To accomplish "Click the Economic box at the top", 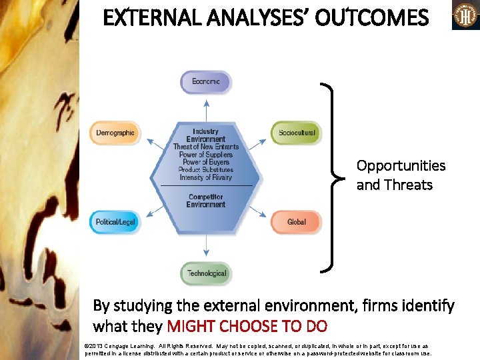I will (x=206, y=82).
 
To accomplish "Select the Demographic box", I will (x=115, y=133).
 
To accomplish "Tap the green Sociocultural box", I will (x=296, y=133).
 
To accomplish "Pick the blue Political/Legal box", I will (x=115, y=222).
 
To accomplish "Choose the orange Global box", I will (x=296, y=222).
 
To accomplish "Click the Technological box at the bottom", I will (x=206, y=273).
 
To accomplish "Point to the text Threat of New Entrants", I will (x=206, y=147).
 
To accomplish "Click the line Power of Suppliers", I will (x=206, y=155).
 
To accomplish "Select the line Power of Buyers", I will (x=206, y=162).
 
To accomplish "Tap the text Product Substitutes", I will (x=206, y=170).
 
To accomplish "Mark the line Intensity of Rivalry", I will (x=206, y=177).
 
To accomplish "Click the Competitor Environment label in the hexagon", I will (x=206, y=201).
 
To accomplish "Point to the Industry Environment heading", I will (x=206, y=135).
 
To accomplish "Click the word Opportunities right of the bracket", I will (x=391, y=165).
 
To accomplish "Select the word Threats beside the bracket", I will (x=413, y=185).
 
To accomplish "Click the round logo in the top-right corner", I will (x=465, y=15).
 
